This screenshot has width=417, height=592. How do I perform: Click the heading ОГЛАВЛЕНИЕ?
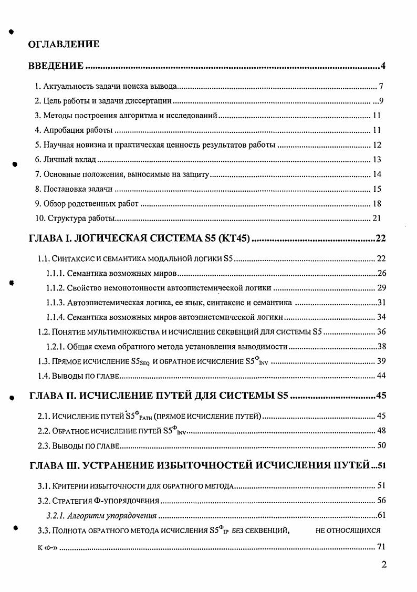tap(64, 44)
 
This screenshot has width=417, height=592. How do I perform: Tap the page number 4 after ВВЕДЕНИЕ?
tap(383, 66)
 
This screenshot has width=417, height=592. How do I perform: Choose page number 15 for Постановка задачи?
tap(377, 189)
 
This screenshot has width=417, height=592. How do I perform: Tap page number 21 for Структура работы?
tap(377, 219)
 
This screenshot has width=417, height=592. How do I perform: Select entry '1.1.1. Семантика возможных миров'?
tap(111, 274)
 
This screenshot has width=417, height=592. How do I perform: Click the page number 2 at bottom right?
tap(384, 565)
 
